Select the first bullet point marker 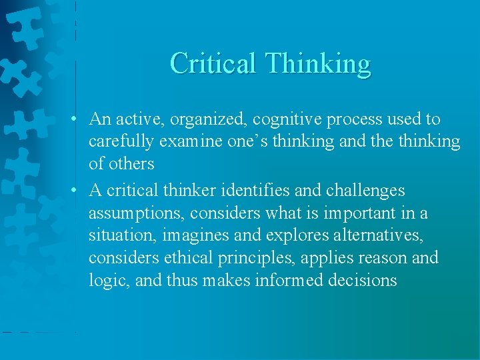pyautogui.click(x=78, y=119)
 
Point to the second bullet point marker pyautogui.click(x=78, y=191)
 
